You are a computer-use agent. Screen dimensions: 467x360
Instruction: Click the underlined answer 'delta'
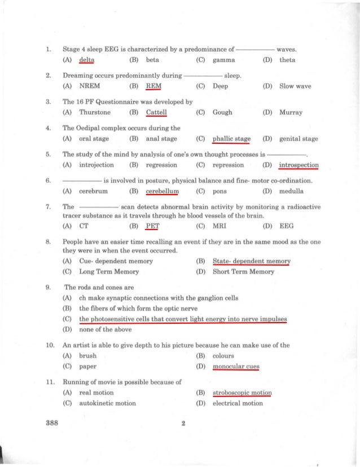86,60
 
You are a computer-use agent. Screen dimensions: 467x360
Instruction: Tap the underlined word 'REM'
153,86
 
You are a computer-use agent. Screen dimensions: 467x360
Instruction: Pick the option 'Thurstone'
95,112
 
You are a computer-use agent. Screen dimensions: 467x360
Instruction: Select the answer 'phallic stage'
231,139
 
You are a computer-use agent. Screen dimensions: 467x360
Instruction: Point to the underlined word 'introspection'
298,165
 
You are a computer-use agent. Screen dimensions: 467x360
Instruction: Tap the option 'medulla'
291,191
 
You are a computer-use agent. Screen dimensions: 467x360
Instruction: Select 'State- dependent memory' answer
251,262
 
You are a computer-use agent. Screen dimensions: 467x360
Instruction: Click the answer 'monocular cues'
236,367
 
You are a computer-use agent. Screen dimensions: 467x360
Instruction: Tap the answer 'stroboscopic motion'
242,393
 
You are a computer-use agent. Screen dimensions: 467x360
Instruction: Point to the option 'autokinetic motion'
108,403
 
